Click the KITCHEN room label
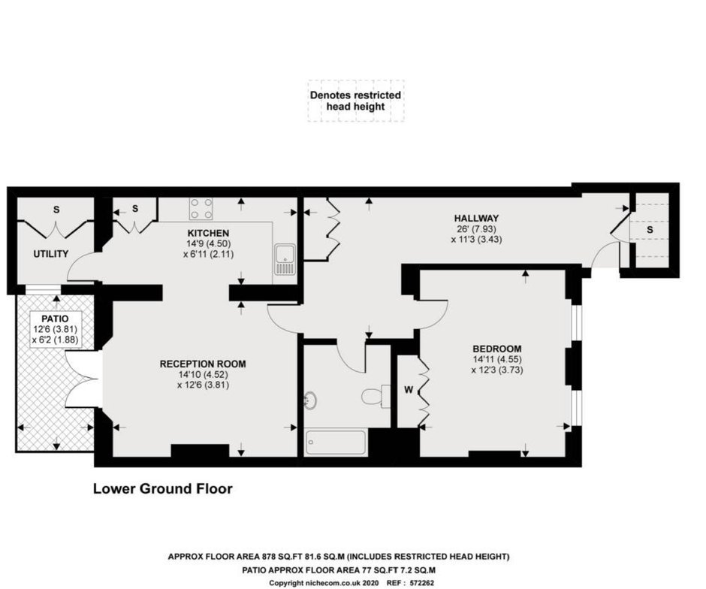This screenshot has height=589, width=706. tap(208, 233)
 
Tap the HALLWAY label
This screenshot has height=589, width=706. tap(476, 219)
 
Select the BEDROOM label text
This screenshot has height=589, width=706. tap(497, 349)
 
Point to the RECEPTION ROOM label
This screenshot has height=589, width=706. tap(203, 364)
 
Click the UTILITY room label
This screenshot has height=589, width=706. tap(51, 254)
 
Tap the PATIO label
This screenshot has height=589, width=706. tap(56, 319)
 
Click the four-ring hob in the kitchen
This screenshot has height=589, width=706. tap(201, 209)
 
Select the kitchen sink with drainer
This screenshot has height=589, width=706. tap(285, 259)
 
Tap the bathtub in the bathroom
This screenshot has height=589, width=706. tap(336, 443)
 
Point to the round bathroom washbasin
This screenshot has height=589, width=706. tap(310, 400)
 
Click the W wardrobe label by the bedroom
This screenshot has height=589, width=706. tap(409, 390)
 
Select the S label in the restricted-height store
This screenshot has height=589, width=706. tap(650, 230)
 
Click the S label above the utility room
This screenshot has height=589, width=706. tap(56, 210)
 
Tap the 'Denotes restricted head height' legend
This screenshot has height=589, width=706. tap(356, 101)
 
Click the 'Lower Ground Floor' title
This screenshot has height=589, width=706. tap(162, 488)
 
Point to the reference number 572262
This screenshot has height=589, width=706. tap(422, 583)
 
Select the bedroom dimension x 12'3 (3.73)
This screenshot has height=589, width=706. tap(497, 370)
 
